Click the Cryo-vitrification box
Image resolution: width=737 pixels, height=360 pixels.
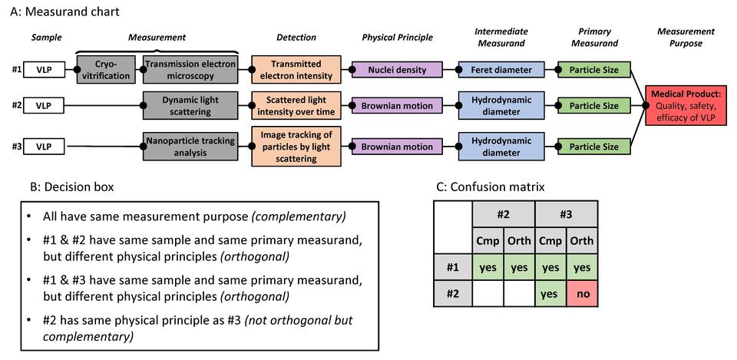pos(107,70)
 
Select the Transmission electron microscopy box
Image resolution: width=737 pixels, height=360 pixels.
pos(190,70)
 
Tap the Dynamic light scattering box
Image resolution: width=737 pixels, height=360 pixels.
pos(190,106)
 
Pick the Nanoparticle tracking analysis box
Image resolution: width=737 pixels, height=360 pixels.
pos(190,147)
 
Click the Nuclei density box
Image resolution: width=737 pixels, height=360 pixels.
pos(398,70)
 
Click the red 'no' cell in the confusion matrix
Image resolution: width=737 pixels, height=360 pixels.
pos(582,293)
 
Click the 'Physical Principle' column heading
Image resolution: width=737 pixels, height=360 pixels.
pos(398,37)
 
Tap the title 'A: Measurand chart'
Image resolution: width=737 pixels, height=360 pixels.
pos(60,12)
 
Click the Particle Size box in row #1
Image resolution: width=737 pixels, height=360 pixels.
pos(594,70)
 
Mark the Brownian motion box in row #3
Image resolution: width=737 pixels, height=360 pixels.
pos(398,147)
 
